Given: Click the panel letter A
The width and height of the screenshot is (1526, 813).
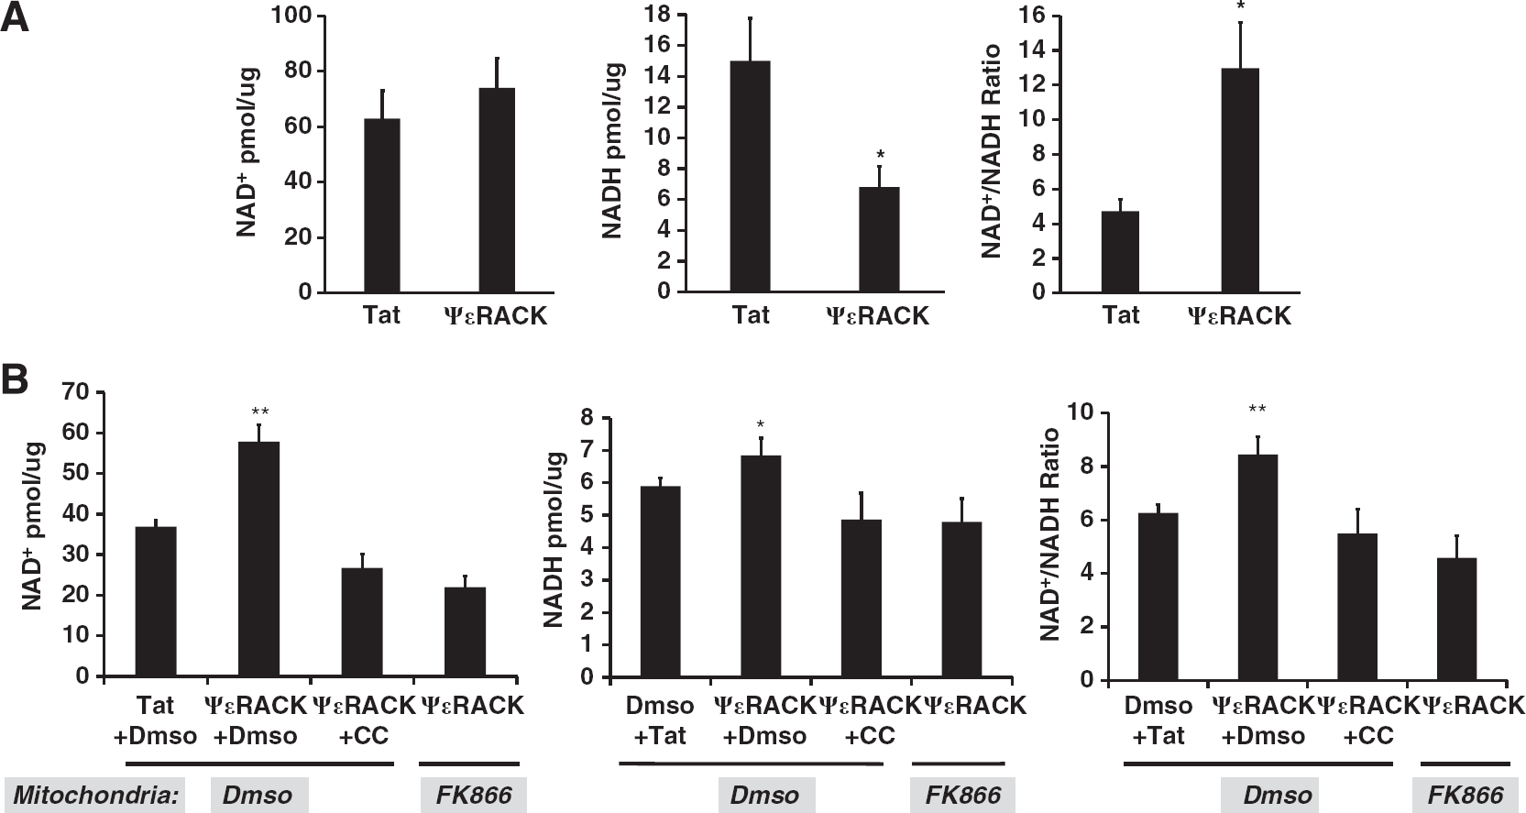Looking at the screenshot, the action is pos(15,16).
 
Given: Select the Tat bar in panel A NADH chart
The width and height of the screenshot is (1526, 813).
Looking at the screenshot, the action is pos(750,177).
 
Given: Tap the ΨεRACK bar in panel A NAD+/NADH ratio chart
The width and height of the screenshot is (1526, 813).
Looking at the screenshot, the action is pos(1240,181).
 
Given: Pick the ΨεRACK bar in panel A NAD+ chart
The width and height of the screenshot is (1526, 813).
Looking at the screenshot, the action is pos(497,190).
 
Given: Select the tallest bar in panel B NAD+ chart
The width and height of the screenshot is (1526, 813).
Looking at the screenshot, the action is pos(258,559).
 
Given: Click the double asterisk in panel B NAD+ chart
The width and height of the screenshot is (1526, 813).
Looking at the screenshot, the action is pos(260,412).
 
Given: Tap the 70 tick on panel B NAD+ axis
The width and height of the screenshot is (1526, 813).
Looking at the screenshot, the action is pos(75,392).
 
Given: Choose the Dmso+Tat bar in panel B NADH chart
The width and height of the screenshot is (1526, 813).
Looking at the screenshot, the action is pos(660,581).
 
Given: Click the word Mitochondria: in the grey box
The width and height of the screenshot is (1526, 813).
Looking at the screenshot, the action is pos(95,795).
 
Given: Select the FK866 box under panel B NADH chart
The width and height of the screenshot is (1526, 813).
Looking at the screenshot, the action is pos(962,795).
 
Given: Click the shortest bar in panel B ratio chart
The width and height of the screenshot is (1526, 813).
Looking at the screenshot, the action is pos(1456,619).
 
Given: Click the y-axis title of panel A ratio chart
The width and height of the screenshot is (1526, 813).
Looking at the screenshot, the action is pos(992,151).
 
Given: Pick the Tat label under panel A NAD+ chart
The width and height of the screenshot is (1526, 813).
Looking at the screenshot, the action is pos(381,315).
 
